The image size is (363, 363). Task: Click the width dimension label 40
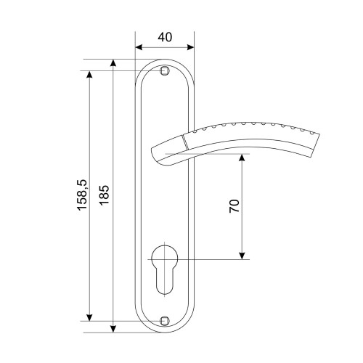coord(165,37)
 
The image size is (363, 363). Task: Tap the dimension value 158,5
coord(82,195)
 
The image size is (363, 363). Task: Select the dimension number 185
coord(105,195)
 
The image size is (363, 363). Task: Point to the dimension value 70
coord(234,206)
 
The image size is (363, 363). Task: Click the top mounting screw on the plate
coord(165,70)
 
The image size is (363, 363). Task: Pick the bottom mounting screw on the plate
coord(165,321)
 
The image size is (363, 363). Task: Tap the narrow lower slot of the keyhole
coord(165,281)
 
